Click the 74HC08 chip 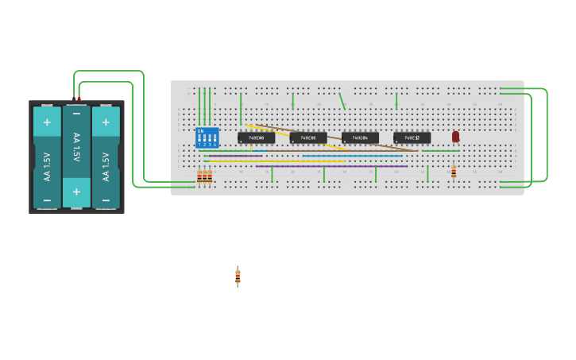point(256,137)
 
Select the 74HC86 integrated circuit point(307,137)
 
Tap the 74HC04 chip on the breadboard point(360,137)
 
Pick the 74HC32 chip point(412,137)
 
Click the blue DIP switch point(207,137)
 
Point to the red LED point(455,137)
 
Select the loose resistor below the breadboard point(238,277)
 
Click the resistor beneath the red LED point(454,172)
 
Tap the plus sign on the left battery point(47,122)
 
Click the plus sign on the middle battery point(76,192)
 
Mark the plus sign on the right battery point(106,122)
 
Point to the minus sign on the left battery point(47,199)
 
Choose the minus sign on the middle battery point(76,114)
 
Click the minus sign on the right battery point(106,199)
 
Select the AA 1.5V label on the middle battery point(76,148)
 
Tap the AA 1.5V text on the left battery point(47,166)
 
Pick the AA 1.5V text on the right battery point(106,166)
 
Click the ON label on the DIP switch point(200,130)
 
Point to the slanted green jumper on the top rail point(342,101)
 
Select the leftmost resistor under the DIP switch point(199,177)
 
